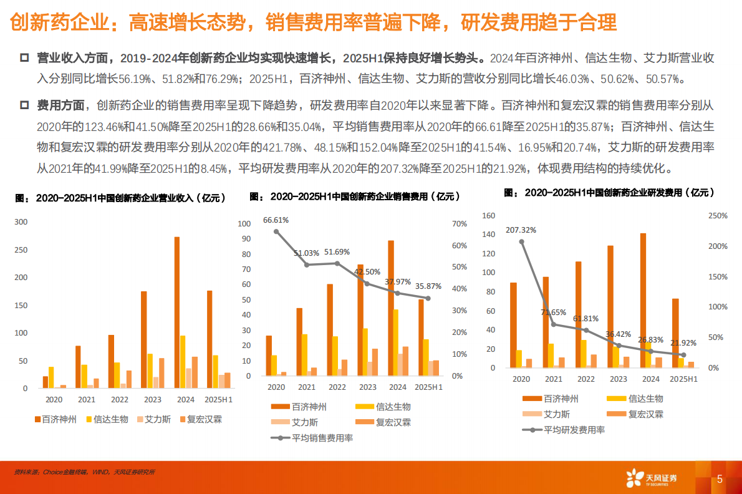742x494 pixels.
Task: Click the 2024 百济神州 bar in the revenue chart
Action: pyautogui.click(x=176, y=312)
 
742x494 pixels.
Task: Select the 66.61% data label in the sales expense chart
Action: pyautogui.click(x=276, y=220)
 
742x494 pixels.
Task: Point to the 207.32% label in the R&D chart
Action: pyautogui.click(x=521, y=230)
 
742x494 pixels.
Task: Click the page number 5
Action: pyautogui.click(x=720, y=480)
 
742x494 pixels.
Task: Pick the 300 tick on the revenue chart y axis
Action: pyautogui.click(x=21, y=222)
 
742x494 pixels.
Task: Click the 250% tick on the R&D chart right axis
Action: pyautogui.click(x=718, y=216)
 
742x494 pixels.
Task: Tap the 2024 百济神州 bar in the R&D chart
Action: pyautogui.click(x=643, y=300)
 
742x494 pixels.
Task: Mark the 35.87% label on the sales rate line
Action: pyautogui.click(x=429, y=286)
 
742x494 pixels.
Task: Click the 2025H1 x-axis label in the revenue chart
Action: pyautogui.click(x=218, y=399)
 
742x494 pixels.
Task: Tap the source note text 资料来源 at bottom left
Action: pyautogui.click(x=26, y=472)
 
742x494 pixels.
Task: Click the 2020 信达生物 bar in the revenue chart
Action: pyautogui.click(x=51, y=377)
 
